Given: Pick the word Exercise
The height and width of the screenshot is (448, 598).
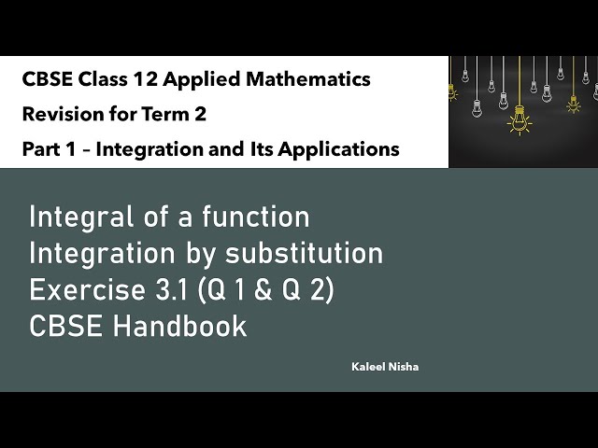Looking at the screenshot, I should (x=81, y=290).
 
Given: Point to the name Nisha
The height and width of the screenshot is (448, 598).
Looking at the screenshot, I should (x=406, y=367).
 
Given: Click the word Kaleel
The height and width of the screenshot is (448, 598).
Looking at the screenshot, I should (x=366, y=367).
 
